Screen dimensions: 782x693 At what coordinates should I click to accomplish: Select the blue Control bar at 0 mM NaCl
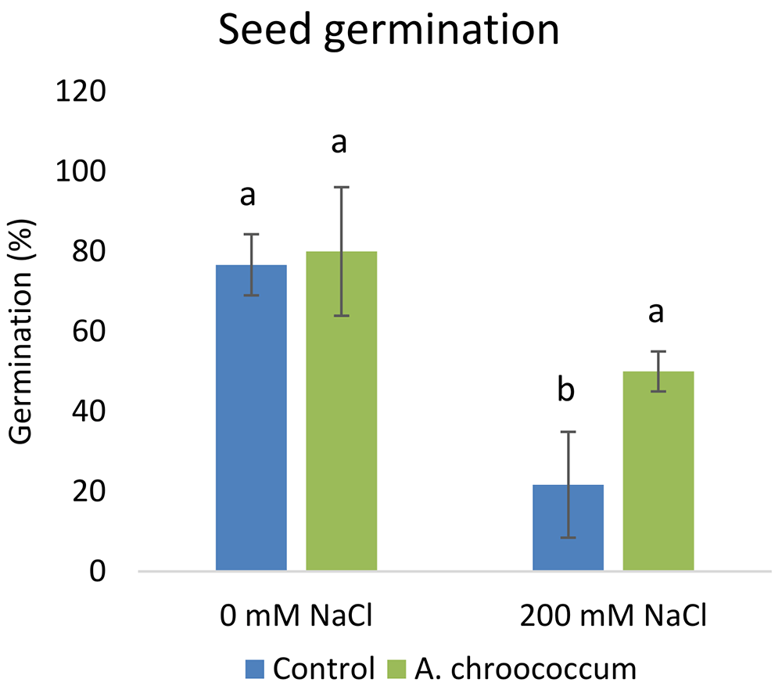[251, 418]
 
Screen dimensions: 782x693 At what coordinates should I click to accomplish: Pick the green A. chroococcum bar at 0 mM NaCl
[342, 411]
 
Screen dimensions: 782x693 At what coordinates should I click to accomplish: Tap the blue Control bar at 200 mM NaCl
[568, 527]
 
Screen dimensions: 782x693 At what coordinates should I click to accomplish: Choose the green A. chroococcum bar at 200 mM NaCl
[658, 471]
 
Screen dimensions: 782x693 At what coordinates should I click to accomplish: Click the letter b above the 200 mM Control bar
[566, 390]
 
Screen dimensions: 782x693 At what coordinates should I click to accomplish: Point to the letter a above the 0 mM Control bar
[248, 196]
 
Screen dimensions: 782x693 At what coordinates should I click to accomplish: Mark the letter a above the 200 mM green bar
[656, 314]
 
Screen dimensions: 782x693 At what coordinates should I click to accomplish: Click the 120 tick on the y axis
[81, 92]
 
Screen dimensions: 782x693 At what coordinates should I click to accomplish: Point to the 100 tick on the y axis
[81, 171]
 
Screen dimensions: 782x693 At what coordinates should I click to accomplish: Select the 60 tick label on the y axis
[89, 332]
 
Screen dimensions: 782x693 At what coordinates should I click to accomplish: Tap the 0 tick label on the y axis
[98, 571]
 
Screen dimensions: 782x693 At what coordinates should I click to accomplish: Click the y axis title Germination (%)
[21, 332]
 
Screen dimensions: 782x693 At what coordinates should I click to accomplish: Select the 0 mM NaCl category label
[296, 616]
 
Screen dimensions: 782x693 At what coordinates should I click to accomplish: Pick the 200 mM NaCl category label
[613, 616]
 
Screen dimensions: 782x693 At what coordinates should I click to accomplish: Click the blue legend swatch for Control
[254, 669]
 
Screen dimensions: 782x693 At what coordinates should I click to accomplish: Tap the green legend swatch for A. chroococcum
[396, 669]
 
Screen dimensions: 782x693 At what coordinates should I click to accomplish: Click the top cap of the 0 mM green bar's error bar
[342, 187]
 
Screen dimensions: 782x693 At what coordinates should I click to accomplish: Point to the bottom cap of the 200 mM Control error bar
[568, 538]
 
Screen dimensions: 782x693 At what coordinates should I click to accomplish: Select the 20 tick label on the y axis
[89, 491]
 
